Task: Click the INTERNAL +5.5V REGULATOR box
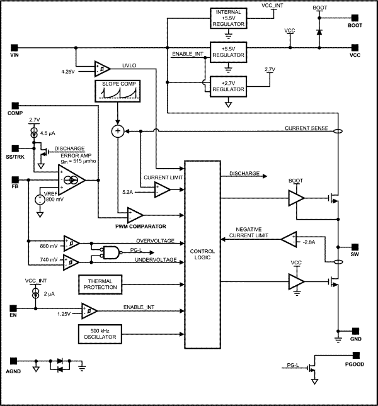click(228, 18)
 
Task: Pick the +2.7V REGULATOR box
click(228, 86)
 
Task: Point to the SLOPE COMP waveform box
click(117, 92)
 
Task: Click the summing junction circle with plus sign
click(117, 131)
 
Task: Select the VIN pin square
click(14, 47)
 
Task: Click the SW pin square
click(354, 246)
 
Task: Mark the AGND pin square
click(14, 363)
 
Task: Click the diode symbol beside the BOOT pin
click(319, 30)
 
